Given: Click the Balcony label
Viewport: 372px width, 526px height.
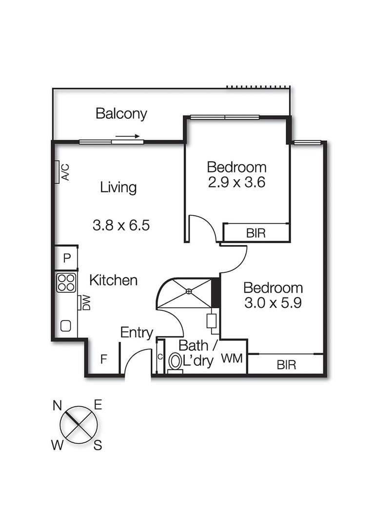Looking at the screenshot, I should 121,114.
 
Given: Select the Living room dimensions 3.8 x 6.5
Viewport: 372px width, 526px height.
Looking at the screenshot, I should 120,225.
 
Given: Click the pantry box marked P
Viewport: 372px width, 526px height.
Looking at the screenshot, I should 67,258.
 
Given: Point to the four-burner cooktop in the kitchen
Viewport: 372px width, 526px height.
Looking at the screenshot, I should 66,282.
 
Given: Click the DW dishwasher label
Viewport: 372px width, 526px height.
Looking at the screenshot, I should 85,303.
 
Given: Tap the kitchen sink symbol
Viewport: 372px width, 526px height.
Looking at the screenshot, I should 66,325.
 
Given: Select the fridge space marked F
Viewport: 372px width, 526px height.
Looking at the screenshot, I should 103,360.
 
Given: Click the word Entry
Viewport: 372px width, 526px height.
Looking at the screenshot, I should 137,333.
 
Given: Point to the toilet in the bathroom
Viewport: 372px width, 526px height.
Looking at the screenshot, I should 175,362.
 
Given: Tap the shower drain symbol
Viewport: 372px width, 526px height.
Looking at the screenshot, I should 189,292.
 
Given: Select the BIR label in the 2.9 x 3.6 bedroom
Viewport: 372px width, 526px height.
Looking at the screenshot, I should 255,233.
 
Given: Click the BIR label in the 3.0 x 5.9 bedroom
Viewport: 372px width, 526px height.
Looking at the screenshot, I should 286,365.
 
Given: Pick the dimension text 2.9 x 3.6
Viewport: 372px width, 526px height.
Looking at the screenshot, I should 236,184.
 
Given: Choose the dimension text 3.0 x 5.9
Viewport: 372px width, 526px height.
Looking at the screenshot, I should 273,302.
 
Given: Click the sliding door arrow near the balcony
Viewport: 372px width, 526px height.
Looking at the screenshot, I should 128,136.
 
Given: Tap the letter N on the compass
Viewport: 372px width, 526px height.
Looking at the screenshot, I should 58,405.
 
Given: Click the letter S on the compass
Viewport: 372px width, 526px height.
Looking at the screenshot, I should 98,446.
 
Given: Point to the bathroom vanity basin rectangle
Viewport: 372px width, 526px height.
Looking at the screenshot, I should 212,321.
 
